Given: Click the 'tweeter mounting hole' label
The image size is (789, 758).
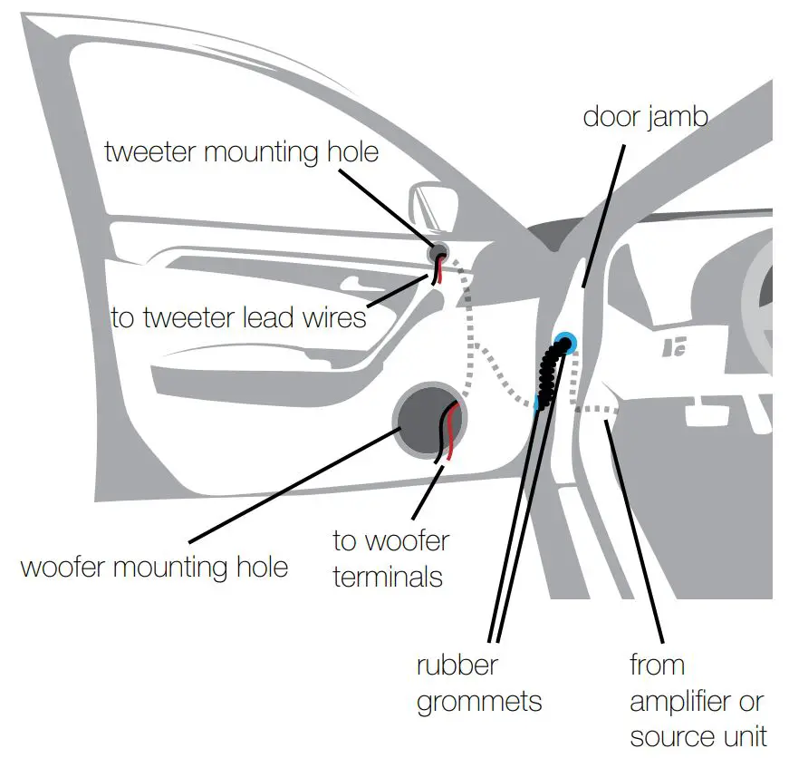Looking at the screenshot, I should [241, 151].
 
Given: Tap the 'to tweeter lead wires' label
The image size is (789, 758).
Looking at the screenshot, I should [238, 317].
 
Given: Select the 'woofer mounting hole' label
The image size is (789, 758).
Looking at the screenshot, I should [154, 568].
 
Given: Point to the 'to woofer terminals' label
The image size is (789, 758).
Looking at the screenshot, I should [390, 559].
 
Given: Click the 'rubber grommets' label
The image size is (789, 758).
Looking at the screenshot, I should [477, 683].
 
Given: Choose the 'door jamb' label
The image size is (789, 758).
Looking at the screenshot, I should [645, 117].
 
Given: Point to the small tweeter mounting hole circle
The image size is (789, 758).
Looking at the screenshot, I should [438, 251].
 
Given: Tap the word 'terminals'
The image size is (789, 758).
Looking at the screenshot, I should [389, 577].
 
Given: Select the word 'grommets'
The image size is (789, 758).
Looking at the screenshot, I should [479, 701].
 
